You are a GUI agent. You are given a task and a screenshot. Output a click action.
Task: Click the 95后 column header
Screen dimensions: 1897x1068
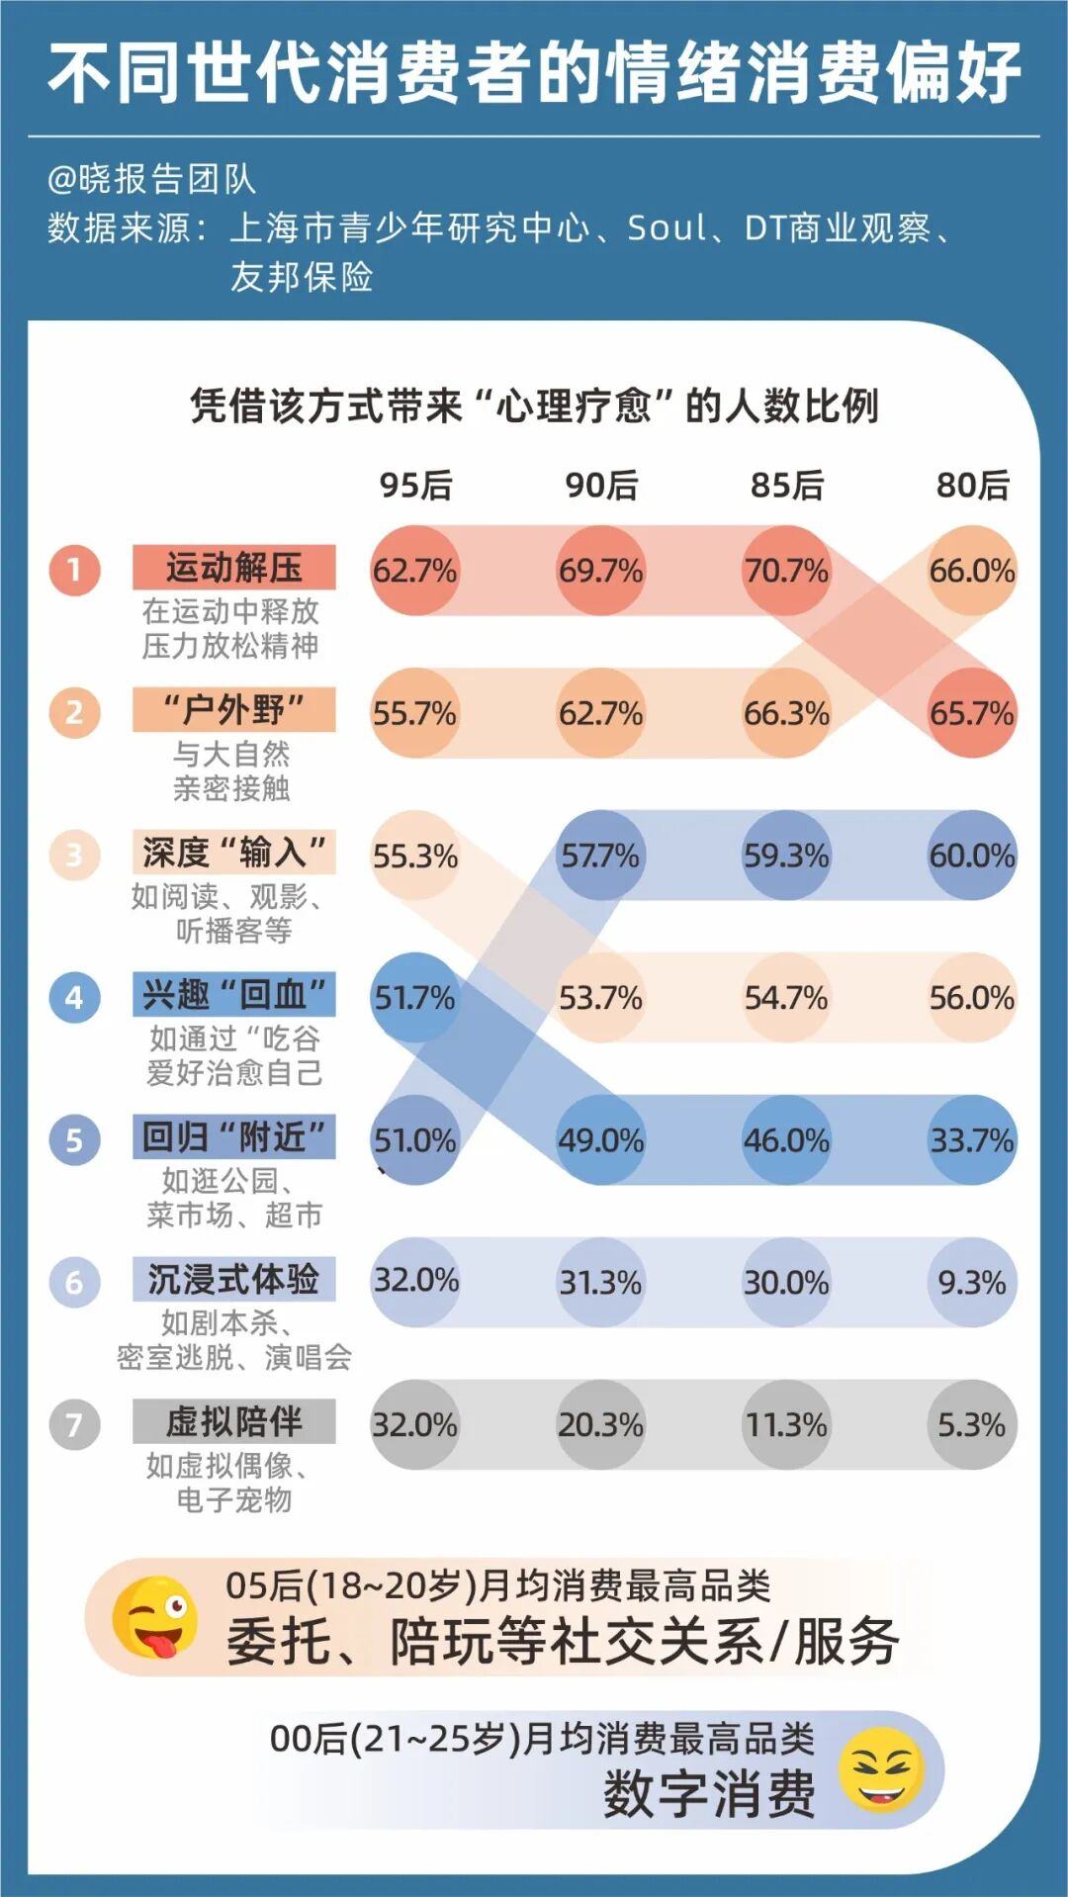415,485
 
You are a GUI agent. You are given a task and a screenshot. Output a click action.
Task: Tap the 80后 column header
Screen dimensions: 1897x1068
972,485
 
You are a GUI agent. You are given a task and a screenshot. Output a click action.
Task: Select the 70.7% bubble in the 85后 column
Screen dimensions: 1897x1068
786,571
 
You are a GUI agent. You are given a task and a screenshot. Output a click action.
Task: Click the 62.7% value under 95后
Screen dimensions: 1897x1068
414,571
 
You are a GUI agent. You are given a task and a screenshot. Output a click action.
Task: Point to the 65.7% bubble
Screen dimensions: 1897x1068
972,713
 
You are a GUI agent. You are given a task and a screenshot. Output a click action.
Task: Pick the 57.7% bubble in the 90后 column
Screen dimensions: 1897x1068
600,856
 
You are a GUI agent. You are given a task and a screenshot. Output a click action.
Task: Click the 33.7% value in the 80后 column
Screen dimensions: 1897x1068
972,1140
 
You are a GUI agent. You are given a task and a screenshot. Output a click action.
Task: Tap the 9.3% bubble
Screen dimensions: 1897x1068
972,1283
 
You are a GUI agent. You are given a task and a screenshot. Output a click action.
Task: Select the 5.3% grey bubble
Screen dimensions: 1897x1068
972,1425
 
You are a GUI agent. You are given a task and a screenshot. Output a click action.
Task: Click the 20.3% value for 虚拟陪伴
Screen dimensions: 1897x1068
600,1425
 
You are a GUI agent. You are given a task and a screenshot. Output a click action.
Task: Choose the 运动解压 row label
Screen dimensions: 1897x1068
234,568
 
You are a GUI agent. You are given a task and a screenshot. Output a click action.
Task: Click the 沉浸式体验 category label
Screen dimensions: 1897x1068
234,1279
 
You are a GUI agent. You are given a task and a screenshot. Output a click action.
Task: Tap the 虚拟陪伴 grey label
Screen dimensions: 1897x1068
234,1421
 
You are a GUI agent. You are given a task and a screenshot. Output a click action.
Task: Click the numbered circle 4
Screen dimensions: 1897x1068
74,997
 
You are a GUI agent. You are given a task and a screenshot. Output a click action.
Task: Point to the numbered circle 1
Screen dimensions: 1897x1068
74,570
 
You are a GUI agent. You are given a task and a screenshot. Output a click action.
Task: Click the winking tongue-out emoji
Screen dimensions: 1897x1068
154,1619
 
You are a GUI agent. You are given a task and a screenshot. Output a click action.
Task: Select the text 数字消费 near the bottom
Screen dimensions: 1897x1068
709,1793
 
